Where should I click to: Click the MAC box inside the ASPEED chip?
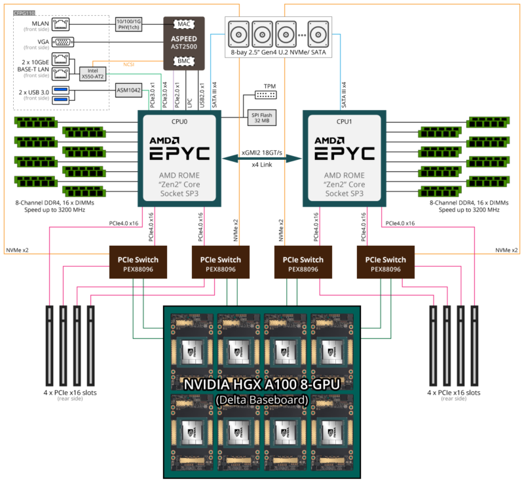[183, 24]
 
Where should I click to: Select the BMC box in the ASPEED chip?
[183, 62]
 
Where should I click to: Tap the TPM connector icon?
[269, 96]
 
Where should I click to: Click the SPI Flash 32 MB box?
[260, 117]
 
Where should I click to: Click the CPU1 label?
[344, 121]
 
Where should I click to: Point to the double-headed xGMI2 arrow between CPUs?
[261, 158]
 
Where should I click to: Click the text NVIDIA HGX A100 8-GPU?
[261, 385]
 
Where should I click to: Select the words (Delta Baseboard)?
[261, 400]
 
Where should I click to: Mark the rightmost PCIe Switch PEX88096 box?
[386, 263]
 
